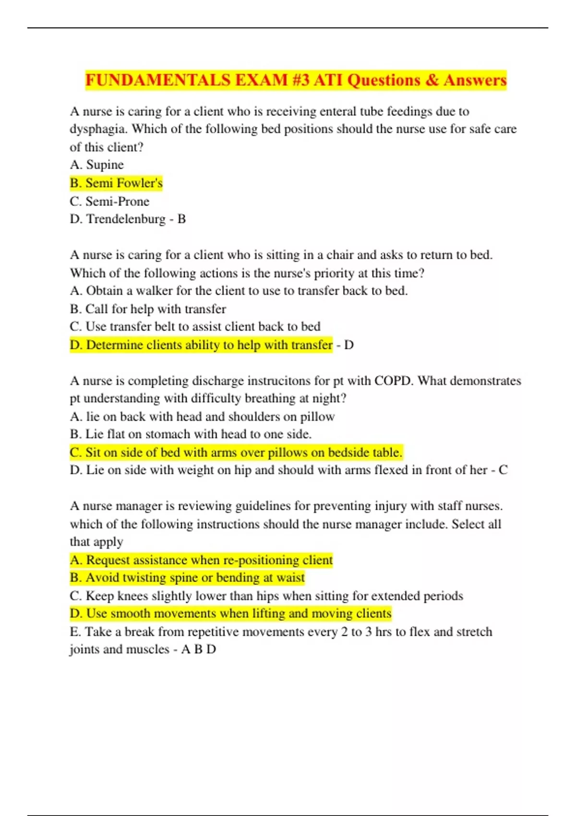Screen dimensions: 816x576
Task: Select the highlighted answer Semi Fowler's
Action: point(116,183)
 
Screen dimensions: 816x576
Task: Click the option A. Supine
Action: point(96,165)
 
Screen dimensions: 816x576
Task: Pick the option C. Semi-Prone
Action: point(109,201)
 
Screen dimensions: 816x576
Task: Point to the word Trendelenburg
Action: point(126,219)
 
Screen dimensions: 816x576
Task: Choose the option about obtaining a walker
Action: point(239,290)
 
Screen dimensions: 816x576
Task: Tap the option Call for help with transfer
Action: point(148,309)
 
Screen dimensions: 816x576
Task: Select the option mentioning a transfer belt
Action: point(195,326)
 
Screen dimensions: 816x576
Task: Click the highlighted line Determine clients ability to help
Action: point(201,345)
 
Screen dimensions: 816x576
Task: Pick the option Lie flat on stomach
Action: point(191,434)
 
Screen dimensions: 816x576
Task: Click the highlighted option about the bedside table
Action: point(236,452)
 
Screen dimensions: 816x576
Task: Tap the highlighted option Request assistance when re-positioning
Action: point(201,560)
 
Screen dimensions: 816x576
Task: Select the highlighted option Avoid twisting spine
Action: point(187,577)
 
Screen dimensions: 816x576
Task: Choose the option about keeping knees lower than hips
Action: point(266,596)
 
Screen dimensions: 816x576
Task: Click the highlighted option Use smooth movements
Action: point(230,613)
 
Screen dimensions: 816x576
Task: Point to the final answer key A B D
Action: point(198,649)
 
